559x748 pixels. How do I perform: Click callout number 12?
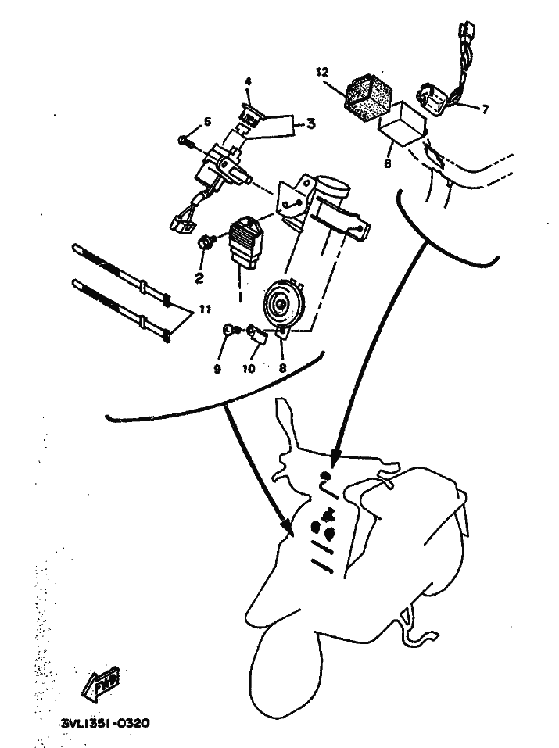pyautogui.click(x=322, y=73)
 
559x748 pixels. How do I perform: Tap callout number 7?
pyautogui.click(x=485, y=110)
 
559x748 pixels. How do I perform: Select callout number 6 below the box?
pyautogui.click(x=388, y=163)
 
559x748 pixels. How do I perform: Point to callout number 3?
pyautogui.click(x=310, y=124)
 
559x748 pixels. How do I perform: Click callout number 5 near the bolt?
pyautogui.click(x=207, y=122)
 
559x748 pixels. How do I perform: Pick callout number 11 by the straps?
pyautogui.click(x=205, y=310)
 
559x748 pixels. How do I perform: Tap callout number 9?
pyautogui.click(x=217, y=369)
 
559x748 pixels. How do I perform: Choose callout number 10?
pyautogui.click(x=249, y=369)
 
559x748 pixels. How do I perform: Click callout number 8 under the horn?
pyautogui.click(x=282, y=368)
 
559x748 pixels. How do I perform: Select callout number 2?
pyautogui.click(x=199, y=277)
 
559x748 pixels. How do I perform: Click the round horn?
pyautogui.click(x=281, y=302)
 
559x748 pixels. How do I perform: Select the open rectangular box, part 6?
pyautogui.click(x=403, y=125)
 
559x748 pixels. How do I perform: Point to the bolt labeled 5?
pyautogui.click(x=184, y=141)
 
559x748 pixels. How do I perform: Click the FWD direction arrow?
pyautogui.click(x=100, y=684)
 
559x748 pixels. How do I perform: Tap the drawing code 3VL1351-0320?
pyautogui.click(x=106, y=724)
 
